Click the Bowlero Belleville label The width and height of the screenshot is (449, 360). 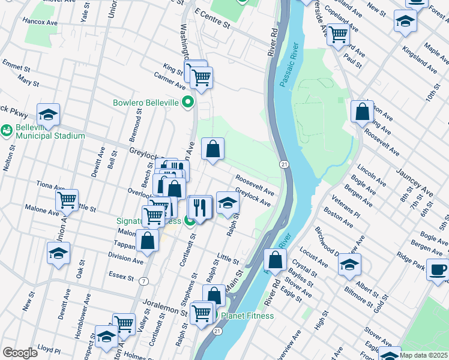click(146, 103)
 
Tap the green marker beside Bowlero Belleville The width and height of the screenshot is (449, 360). click(188, 103)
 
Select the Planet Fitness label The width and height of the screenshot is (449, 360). click(247, 316)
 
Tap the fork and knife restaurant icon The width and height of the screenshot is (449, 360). click(199, 207)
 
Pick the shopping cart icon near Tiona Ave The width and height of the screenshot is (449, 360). click(67, 199)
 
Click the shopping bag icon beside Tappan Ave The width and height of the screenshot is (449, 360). click(147, 241)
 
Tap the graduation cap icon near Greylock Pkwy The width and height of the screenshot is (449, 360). click(48, 114)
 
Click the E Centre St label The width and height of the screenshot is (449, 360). click(212, 25)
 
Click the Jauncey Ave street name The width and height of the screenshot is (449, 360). click(415, 183)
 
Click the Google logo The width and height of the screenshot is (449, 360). click(20, 353)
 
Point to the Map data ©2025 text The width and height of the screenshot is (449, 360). click(423, 355)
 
